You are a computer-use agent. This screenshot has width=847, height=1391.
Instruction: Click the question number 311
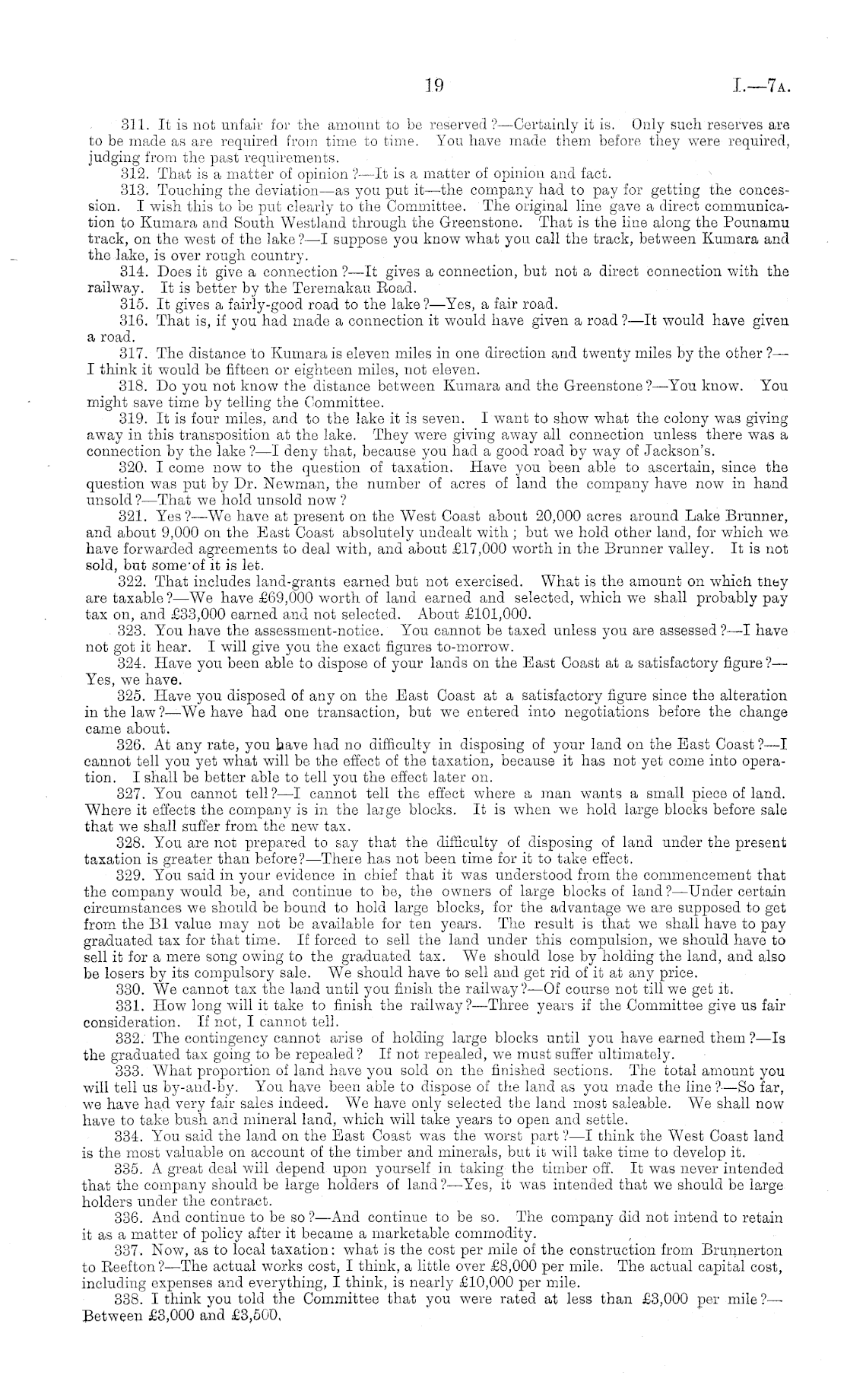(135, 124)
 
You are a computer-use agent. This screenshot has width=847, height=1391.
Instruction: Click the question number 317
(135, 354)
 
